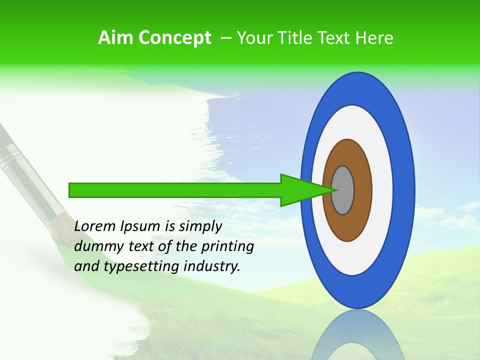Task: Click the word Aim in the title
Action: point(116,37)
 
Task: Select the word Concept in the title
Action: point(174,38)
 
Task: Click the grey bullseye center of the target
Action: point(343,190)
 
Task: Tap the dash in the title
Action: point(225,37)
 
